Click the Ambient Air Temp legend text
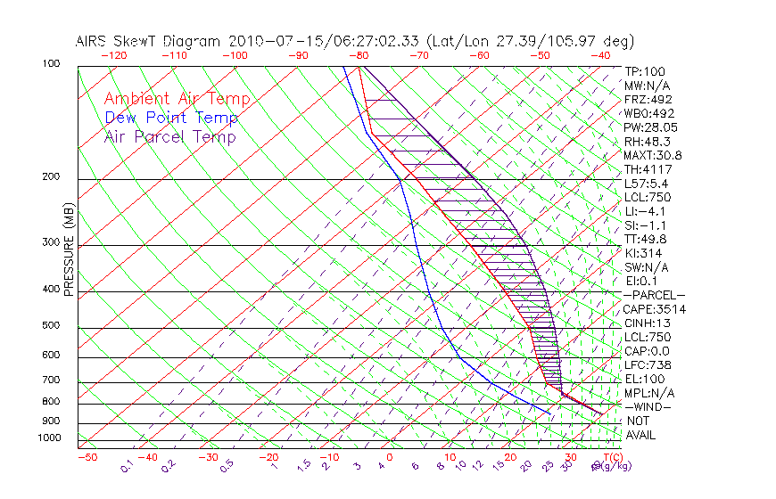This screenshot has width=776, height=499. [177, 100]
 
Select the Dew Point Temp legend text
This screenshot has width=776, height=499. [171, 119]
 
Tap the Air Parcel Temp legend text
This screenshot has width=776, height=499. [169, 137]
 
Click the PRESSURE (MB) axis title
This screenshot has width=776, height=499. [69, 250]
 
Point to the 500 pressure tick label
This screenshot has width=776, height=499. [51, 327]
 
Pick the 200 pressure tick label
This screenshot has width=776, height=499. [51, 177]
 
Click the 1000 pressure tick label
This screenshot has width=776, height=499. [48, 438]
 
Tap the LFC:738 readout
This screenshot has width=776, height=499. [646, 365]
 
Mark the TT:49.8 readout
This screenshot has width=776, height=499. [646, 239]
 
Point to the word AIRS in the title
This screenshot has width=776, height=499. [92, 41]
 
